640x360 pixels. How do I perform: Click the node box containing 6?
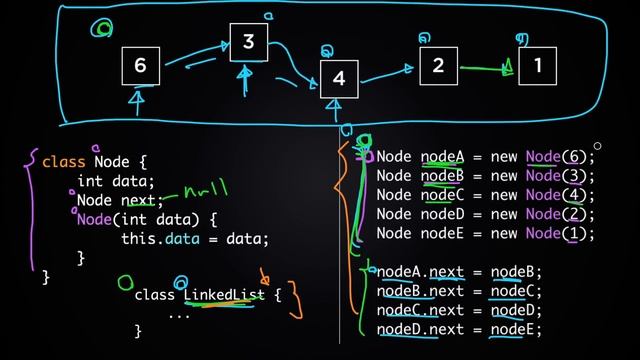point(140,65)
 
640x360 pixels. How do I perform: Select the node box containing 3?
point(249,42)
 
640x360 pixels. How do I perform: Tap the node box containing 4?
point(339,78)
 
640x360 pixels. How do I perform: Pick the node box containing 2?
point(438,65)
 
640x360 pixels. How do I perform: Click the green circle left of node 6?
point(102,29)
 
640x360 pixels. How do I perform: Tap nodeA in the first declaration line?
point(442,156)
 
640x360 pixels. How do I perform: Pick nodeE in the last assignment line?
point(514,329)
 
